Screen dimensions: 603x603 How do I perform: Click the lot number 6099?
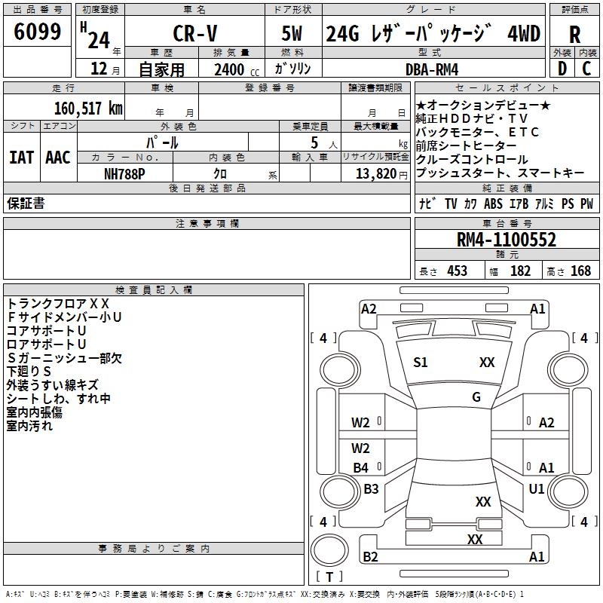[x=38, y=33]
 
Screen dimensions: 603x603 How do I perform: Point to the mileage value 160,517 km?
[x=87, y=108]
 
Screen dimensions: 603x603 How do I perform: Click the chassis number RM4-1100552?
[x=507, y=240]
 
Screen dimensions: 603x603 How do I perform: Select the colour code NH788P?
[x=125, y=173]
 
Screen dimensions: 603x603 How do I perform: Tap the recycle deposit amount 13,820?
[x=375, y=173]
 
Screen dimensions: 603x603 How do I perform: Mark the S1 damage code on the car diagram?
[x=420, y=363]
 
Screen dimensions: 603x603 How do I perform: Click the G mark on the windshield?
[x=476, y=397]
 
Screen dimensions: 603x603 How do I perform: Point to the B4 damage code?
[x=361, y=468]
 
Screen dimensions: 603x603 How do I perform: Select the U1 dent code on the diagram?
[x=537, y=489]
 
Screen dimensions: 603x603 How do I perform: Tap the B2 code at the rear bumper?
[x=370, y=557]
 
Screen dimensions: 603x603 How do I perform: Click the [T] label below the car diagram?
[x=329, y=577]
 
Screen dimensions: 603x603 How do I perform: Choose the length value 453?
[x=457, y=271]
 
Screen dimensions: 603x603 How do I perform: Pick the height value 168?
[x=580, y=271]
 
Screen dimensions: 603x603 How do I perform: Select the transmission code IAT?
[x=20, y=158]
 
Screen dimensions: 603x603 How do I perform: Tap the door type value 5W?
[x=292, y=34]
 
